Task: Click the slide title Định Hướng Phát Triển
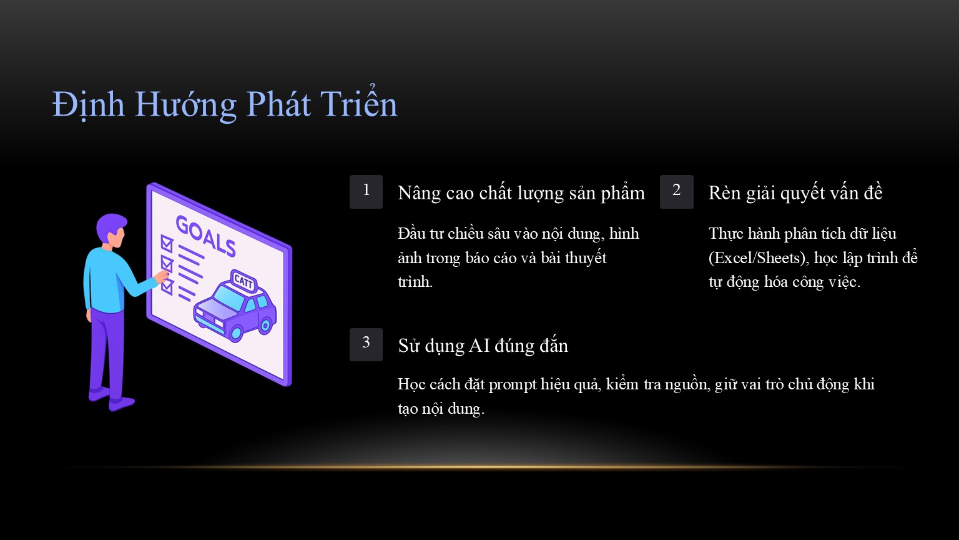[x=225, y=104]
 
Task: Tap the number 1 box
[x=366, y=192]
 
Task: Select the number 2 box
[x=676, y=192]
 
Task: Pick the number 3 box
[x=366, y=344]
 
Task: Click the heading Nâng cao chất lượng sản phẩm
[x=521, y=193]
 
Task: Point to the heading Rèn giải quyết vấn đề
[x=795, y=193]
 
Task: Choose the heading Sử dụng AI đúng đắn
[x=483, y=346]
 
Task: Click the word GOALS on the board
[x=205, y=236]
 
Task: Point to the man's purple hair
[x=111, y=225]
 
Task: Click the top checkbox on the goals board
[x=167, y=243]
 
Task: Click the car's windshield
[x=229, y=296]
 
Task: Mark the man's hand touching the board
[x=162, y=276]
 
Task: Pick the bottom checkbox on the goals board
[x=167, y=287]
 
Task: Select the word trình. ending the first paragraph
[x=415, y=282]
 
